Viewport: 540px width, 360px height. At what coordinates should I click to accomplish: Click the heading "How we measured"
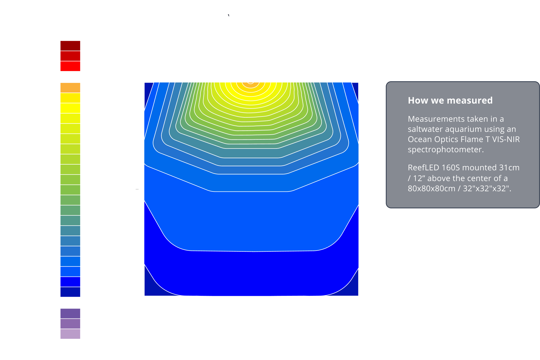click(450, 100)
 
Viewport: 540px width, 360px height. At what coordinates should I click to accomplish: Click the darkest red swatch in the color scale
click(70, 46)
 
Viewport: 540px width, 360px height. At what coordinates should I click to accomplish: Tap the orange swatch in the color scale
click(70, 88)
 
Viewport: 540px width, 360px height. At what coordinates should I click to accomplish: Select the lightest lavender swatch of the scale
click(70, 334)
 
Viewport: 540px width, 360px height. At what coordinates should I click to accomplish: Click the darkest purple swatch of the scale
click(70, 313)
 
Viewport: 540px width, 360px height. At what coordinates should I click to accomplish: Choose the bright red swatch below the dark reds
click(70, 66)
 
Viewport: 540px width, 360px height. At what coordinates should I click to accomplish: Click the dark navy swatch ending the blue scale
click(70, 292)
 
